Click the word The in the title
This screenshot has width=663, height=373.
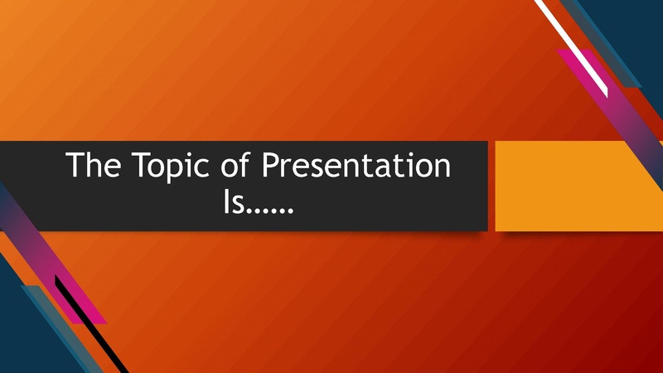93,164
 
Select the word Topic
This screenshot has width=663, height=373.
171,167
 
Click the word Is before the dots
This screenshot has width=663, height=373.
234,201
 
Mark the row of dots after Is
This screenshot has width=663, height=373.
269,211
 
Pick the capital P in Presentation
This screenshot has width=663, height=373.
271,164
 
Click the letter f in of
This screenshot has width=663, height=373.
244,163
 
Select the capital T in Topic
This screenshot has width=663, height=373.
140,164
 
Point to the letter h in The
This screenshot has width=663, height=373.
94,164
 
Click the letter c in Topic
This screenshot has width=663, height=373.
202,168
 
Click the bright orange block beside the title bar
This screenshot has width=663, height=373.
578,186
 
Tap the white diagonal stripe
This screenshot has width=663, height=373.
572,49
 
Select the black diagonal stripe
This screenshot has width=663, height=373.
91,323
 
